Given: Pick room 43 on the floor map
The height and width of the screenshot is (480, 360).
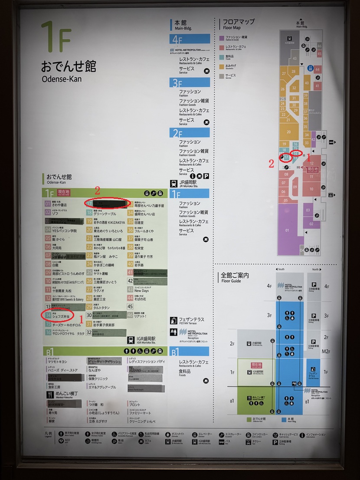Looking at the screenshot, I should click(295, 58).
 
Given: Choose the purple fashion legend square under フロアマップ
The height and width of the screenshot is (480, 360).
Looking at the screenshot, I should click(222, 38).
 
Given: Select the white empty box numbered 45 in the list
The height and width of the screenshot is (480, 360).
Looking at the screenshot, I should click(130, 306).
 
